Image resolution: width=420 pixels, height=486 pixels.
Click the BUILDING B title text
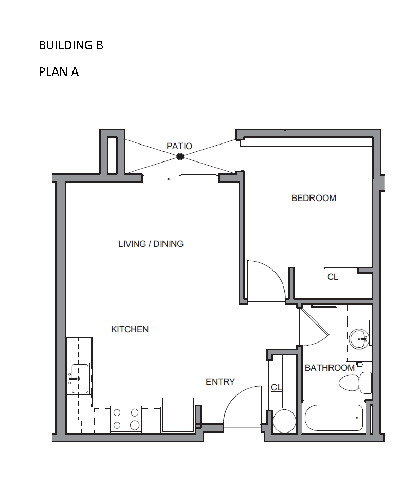click(x=70, y=45)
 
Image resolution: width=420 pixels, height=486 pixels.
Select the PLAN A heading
click(x=59, y=72)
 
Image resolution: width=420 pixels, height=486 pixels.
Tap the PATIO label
click(x=179, y=146)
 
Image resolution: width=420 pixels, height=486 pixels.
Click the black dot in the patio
click(x=180, y=156)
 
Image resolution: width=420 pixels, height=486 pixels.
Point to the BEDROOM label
click(x=314, y=198)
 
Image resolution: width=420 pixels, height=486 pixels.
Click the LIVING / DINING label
click(x=151, y=244)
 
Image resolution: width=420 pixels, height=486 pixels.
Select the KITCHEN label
click(x=130, y=329)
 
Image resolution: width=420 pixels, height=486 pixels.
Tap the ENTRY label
click(x=220, y=382)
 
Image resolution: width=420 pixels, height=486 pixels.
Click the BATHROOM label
click(x=330, y=368)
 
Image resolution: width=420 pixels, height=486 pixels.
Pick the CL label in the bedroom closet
click(x=333, y=277)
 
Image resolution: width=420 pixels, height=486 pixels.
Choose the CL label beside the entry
click(x=276, y=387)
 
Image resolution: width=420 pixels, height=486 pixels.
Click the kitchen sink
click(x=79, y=379)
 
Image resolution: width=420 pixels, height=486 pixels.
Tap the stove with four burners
click(x=126, y=419)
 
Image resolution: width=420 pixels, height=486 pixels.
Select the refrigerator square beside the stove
click(x=178, y=415)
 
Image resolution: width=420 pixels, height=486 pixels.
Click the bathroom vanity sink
click(x=359, y=339)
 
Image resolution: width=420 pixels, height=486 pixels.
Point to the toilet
click(x=355, y=383)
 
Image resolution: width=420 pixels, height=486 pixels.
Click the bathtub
click(x=334, y=418)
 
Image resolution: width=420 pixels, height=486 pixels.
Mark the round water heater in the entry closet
click(x=284, y=421)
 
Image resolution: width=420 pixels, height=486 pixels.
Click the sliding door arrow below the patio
click(x=158, y=179)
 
